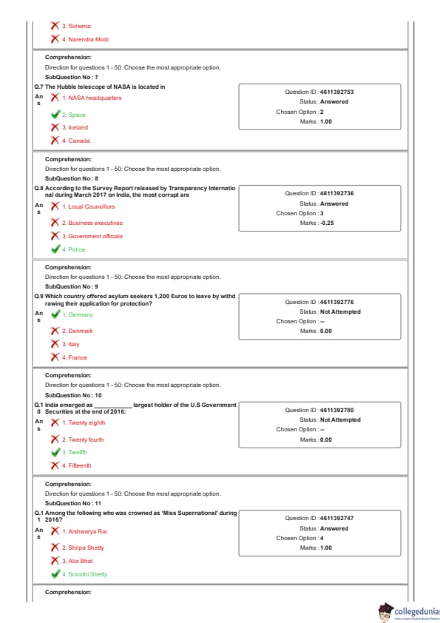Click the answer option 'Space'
(x=73, y=115)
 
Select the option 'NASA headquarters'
(x=92, y=98)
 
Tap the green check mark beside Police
(x=55, y=249)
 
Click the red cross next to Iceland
(x=55, y=127)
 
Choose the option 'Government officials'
(x=92, y=236)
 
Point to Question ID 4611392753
(x=319, y=92)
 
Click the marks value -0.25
(x=327, y=223)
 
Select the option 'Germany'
(x=78, y=314)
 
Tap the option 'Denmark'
(x=77, y=331)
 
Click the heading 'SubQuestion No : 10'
(x=73, y=395)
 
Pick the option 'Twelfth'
(x=74, y=452)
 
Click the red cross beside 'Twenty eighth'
(x=55, y=422)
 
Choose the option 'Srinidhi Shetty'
(x=84, y=574)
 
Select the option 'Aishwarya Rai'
(x=84, y=531)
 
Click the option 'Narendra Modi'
(x=85, y=39)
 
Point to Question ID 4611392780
(x=319, y=410)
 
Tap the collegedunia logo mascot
(x=385, y=613)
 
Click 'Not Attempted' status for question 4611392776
(x=340, y=312)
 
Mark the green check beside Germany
(x=55, y=314)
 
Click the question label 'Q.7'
(x=38, y=87)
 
